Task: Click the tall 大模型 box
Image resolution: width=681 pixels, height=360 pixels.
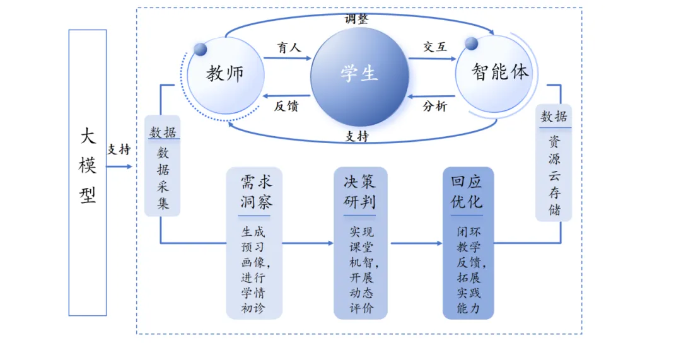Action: click(x=88, y=172)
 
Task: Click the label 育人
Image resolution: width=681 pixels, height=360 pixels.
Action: click(x=289, y=47)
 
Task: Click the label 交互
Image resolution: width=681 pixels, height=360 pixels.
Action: click(x=435, y=47)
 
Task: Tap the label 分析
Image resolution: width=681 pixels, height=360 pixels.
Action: click(x=434, y=106)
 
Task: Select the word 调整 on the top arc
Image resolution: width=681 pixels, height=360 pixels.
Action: click(x=357, y=18)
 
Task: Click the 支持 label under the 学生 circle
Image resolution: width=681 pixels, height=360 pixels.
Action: click(x=358, y=136)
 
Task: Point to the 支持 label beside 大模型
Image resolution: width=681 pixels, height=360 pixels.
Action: click(x=119, y=149)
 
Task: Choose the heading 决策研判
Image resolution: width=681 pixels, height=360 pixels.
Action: click(x=360, y=192)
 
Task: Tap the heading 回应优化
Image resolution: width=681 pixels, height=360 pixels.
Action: click(x=467, y=192)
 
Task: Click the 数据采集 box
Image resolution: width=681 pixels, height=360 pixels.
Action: click(x=163, y=166)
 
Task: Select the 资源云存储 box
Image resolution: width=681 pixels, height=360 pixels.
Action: click(x=554, y=163)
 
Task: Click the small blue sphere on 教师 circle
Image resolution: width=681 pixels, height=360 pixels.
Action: click(x=201, y=49)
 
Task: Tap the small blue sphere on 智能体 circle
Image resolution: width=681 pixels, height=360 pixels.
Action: click(x=471, y=44)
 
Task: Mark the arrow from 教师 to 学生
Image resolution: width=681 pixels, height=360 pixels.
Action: click(x=288, y=59)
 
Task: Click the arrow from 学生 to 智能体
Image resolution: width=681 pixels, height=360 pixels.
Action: click(x=432, y=59)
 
